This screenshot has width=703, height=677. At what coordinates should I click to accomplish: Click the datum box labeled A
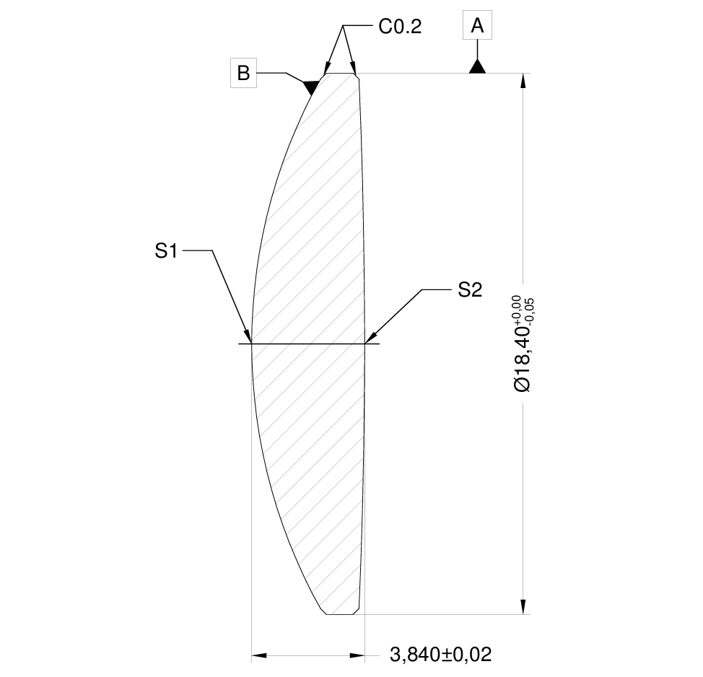[x=476, y=27]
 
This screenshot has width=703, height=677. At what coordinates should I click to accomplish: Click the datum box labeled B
[x=243, y=73]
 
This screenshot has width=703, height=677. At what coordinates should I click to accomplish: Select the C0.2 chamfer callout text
[x=400, y=27]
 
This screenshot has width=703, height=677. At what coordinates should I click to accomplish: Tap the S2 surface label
[x=470, y=289]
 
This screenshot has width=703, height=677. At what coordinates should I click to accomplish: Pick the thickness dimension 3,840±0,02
[x=440, y=655]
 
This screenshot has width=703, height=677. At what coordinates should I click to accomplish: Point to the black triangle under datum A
[x=476, y=66]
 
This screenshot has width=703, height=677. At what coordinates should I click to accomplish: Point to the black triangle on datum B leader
[x=310, y=87]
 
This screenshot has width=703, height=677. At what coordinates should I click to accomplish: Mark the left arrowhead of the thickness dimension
[x=259, y=656]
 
